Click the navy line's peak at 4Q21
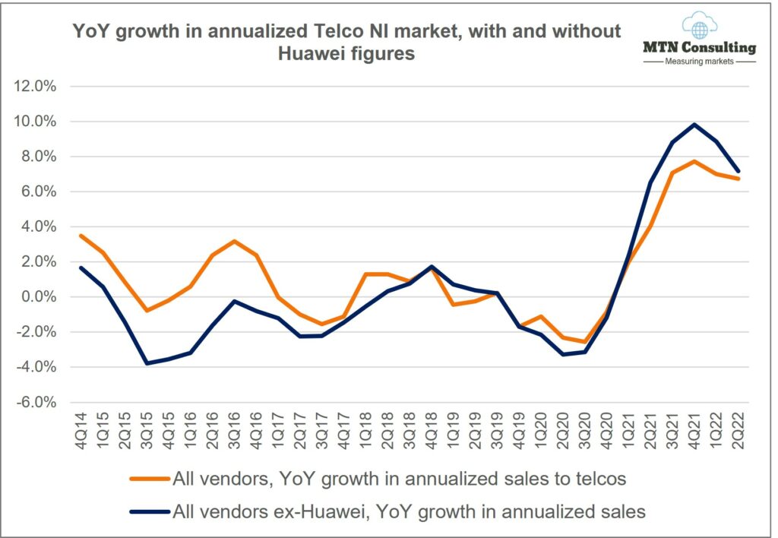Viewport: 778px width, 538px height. pos(694,125)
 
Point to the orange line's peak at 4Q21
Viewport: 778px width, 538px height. pos(694,161)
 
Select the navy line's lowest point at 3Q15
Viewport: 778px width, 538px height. pos(147,363)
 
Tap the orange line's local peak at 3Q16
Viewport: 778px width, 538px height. pos(236,242)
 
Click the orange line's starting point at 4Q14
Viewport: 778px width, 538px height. pos(82,236)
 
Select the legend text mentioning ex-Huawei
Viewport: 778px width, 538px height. pos(410,511)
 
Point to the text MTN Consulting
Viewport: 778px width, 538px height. pos(699,48)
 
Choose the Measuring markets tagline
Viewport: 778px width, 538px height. pos(699,62)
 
